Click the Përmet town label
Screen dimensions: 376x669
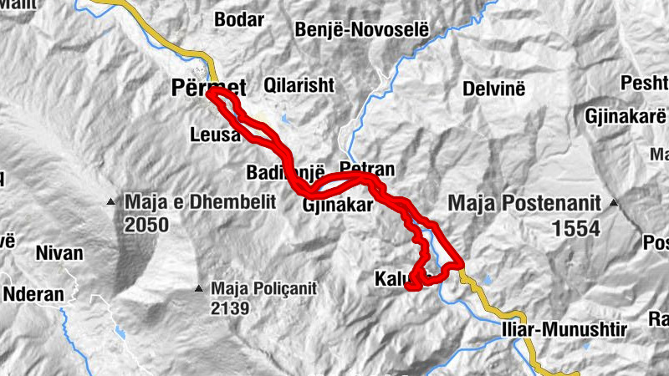pos(208,86)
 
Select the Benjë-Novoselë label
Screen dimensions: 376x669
pos(361,30)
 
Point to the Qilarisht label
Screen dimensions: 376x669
pos(299,85)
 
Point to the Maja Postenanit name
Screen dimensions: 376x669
pos(525,202)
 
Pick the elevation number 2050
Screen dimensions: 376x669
pos(146,225)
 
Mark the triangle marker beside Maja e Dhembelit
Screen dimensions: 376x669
pos(110,201)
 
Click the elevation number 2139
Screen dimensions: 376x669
pos(231,308)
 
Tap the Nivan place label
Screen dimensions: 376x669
pos(59,252)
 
